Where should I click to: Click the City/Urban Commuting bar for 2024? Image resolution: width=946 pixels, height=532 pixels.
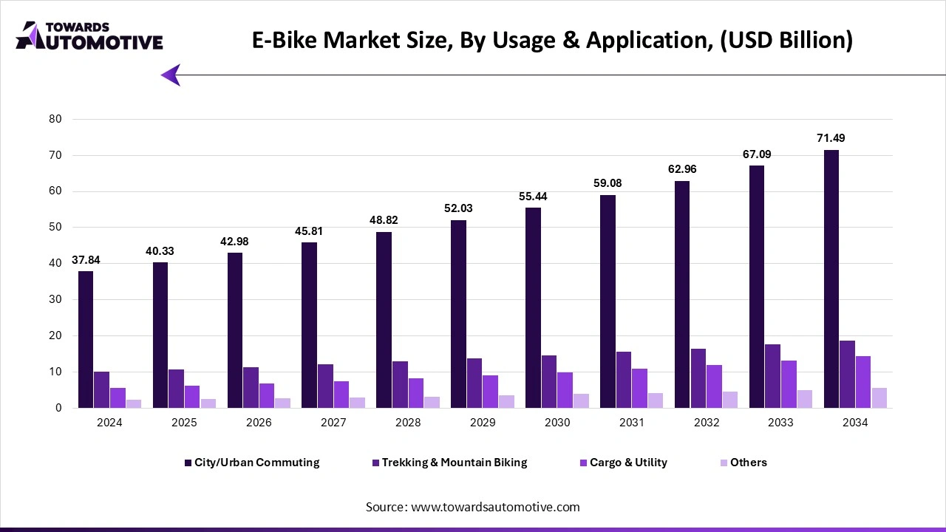(x=86, y=340)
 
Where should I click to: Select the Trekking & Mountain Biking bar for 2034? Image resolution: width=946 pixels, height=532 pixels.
(x=847, y=375)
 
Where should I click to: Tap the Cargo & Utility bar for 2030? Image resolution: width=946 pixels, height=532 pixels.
(x=565, y=390)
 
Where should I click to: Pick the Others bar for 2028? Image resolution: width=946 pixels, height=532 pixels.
(x=432, y=402)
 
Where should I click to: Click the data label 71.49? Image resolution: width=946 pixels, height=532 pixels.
(x=831, y=138)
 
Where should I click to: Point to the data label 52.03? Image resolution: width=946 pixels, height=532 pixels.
(x=458, y=208)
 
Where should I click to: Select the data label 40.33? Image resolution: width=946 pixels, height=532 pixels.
(x=160, y=251)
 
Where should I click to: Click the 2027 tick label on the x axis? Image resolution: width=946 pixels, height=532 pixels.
(x=333, y=423)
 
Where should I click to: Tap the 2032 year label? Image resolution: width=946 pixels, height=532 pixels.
(x=706, y=423)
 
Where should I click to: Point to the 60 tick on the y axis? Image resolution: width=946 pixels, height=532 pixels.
(x=55, y=191)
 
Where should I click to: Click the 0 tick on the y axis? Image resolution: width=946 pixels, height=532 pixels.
(x=58, y=408)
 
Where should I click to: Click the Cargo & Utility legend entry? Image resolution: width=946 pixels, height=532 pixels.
(x=627, y=463)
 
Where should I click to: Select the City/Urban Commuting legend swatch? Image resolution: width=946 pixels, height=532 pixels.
(x=188, y=463)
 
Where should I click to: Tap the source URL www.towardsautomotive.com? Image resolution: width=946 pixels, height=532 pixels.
(x=494, y=507)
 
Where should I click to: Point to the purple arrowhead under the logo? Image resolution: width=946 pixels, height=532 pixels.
(x=171, y=75)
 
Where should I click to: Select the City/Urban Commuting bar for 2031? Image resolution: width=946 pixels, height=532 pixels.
(x=608, y=301)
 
